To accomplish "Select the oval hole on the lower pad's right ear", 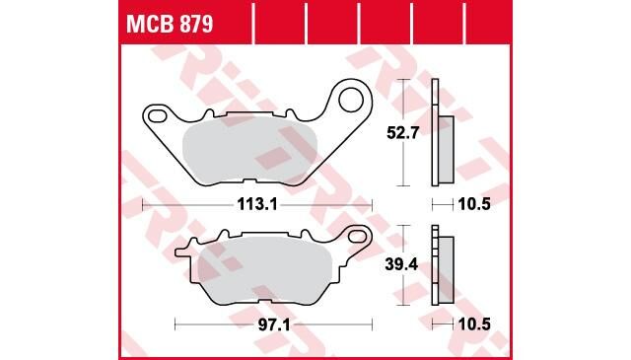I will pyautogui.click(x=359, y=237).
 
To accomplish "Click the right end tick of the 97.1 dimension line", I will pyautogui.click(x=373, y=323).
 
